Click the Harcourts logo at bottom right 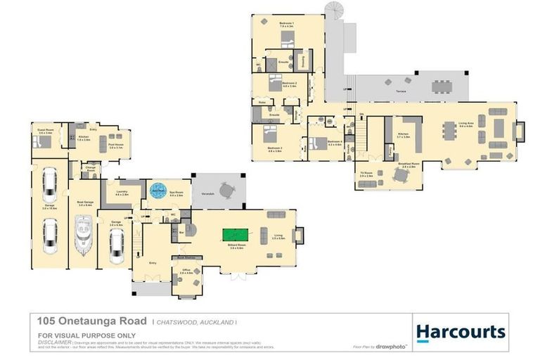click(x=460, y=331)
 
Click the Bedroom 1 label click(x=286, y=24)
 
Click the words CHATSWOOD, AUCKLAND click(x=196, y=321)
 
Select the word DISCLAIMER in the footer click(x=54, y=342)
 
